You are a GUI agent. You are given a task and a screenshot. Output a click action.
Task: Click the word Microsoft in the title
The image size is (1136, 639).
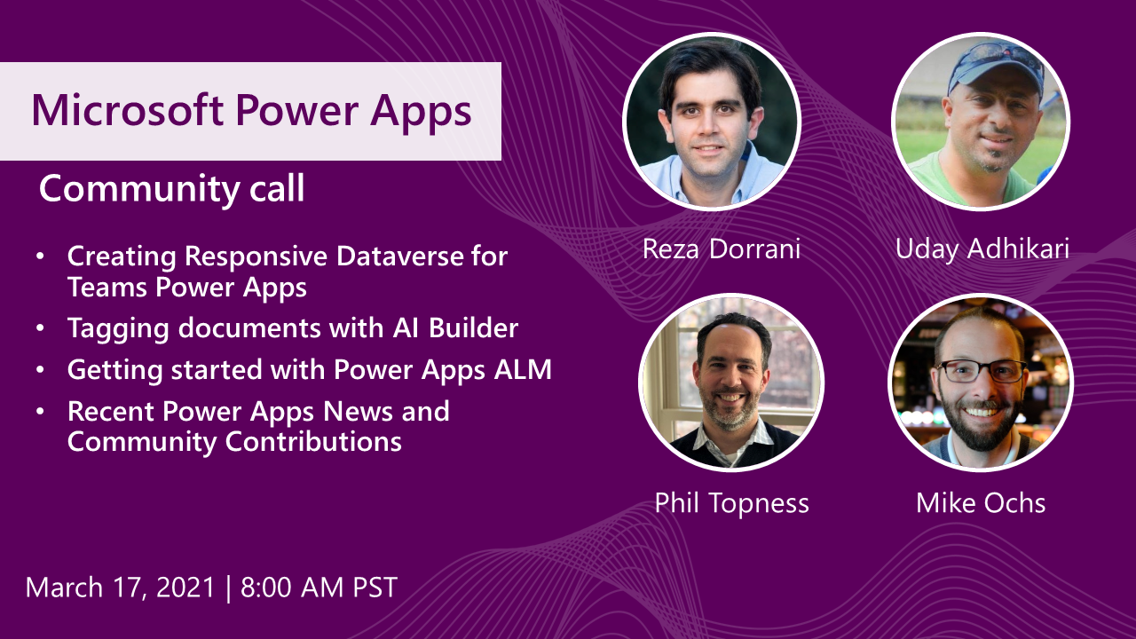pyautogui.click(x=127, y=109)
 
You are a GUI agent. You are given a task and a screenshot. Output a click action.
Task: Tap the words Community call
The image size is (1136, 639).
pyautogui.click(x=171, y=189)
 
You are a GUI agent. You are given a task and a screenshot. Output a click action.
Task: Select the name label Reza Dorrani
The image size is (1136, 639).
pyautogui.click(x=722, y=249)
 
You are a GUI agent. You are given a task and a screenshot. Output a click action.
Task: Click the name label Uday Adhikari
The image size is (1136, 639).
pyautogui.click(x=982, y=249)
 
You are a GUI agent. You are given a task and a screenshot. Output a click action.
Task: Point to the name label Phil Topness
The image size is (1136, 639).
pyautogui.click(x=731, y=503)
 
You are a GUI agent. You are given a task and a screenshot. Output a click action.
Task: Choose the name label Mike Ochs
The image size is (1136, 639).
pyautogui.click(x=981, y=503)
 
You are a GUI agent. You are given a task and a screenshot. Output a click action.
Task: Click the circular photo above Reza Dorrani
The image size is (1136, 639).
pyautogui.click(x=712, y=122)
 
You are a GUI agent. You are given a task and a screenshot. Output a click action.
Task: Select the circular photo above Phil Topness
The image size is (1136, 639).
pyautogui.click(x=731, y=383)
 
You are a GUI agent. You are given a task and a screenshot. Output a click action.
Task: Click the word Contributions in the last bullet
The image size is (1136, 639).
pyautogui.click(x=313, y=442)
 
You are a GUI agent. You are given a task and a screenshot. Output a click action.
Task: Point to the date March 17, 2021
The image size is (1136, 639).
pyautogui.click(x=120, y=588)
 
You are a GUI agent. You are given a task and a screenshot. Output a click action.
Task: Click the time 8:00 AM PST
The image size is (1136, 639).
pyautogui.click(x=319, y=588)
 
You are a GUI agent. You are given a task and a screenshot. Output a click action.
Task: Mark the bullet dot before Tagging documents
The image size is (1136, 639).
pyautogui.click(x=41, y=328)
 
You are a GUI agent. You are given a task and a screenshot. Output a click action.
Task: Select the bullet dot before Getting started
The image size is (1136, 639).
pyautogui.click(x=41, y=370)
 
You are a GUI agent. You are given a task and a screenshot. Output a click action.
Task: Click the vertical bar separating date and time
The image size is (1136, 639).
pyautogui.click(x=228, y=588)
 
